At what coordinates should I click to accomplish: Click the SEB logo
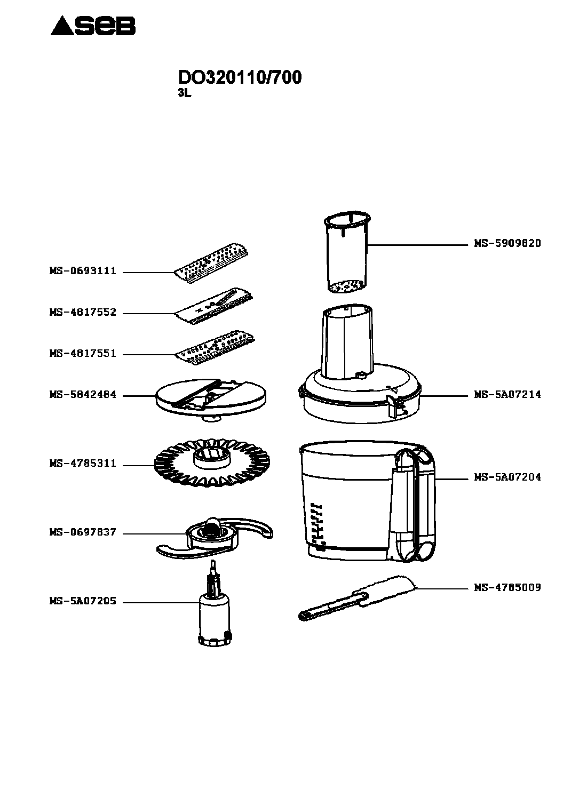click(x=93, y=26)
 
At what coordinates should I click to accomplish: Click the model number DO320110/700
click(x=240, y=77)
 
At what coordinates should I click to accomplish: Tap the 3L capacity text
click(x=184, y=93)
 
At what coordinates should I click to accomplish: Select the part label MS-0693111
click(x=83, y=271)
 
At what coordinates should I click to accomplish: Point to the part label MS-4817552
click(x=83, y=313)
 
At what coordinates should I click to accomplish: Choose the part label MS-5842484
click(x=83, y=395)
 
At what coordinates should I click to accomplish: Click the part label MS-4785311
click(x=83, y=464)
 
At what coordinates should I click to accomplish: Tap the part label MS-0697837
click(x=83, y=532)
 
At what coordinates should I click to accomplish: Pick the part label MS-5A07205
click(x=83, y=601)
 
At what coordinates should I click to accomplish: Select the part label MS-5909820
click(x=507, y=244)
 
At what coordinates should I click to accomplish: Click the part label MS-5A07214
click(x=507, y=395)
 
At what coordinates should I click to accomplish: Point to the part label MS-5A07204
click(x=507, y=477)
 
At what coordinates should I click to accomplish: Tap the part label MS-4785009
click(x=507, y=587)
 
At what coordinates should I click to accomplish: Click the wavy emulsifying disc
click(x=212, y=462)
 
